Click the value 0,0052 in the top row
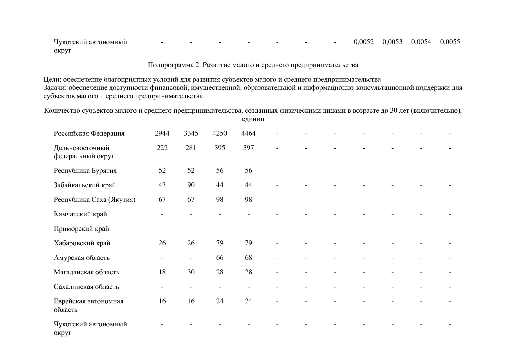tap(364, 42)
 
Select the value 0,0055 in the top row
tap(450, 42)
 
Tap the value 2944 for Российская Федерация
tap(162, 133)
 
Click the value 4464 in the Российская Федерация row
tap(248, 133)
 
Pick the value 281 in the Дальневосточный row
tap(191, 148)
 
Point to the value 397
tap(248, 148)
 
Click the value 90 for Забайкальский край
tap(191, 185)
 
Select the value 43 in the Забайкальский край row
tap(162, 185)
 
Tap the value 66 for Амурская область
tap(220, 258)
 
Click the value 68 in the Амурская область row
tap(248, 258)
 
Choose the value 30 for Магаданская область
tap(191, 272)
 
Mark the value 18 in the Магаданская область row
tap(162, 272)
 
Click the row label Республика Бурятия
tap(85, 170)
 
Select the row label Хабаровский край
tap(82, 243)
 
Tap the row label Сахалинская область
tap(86, 287)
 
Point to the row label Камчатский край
tap(80, 214)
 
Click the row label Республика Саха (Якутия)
tap(94, 199)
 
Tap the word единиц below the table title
tap(253, 119)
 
